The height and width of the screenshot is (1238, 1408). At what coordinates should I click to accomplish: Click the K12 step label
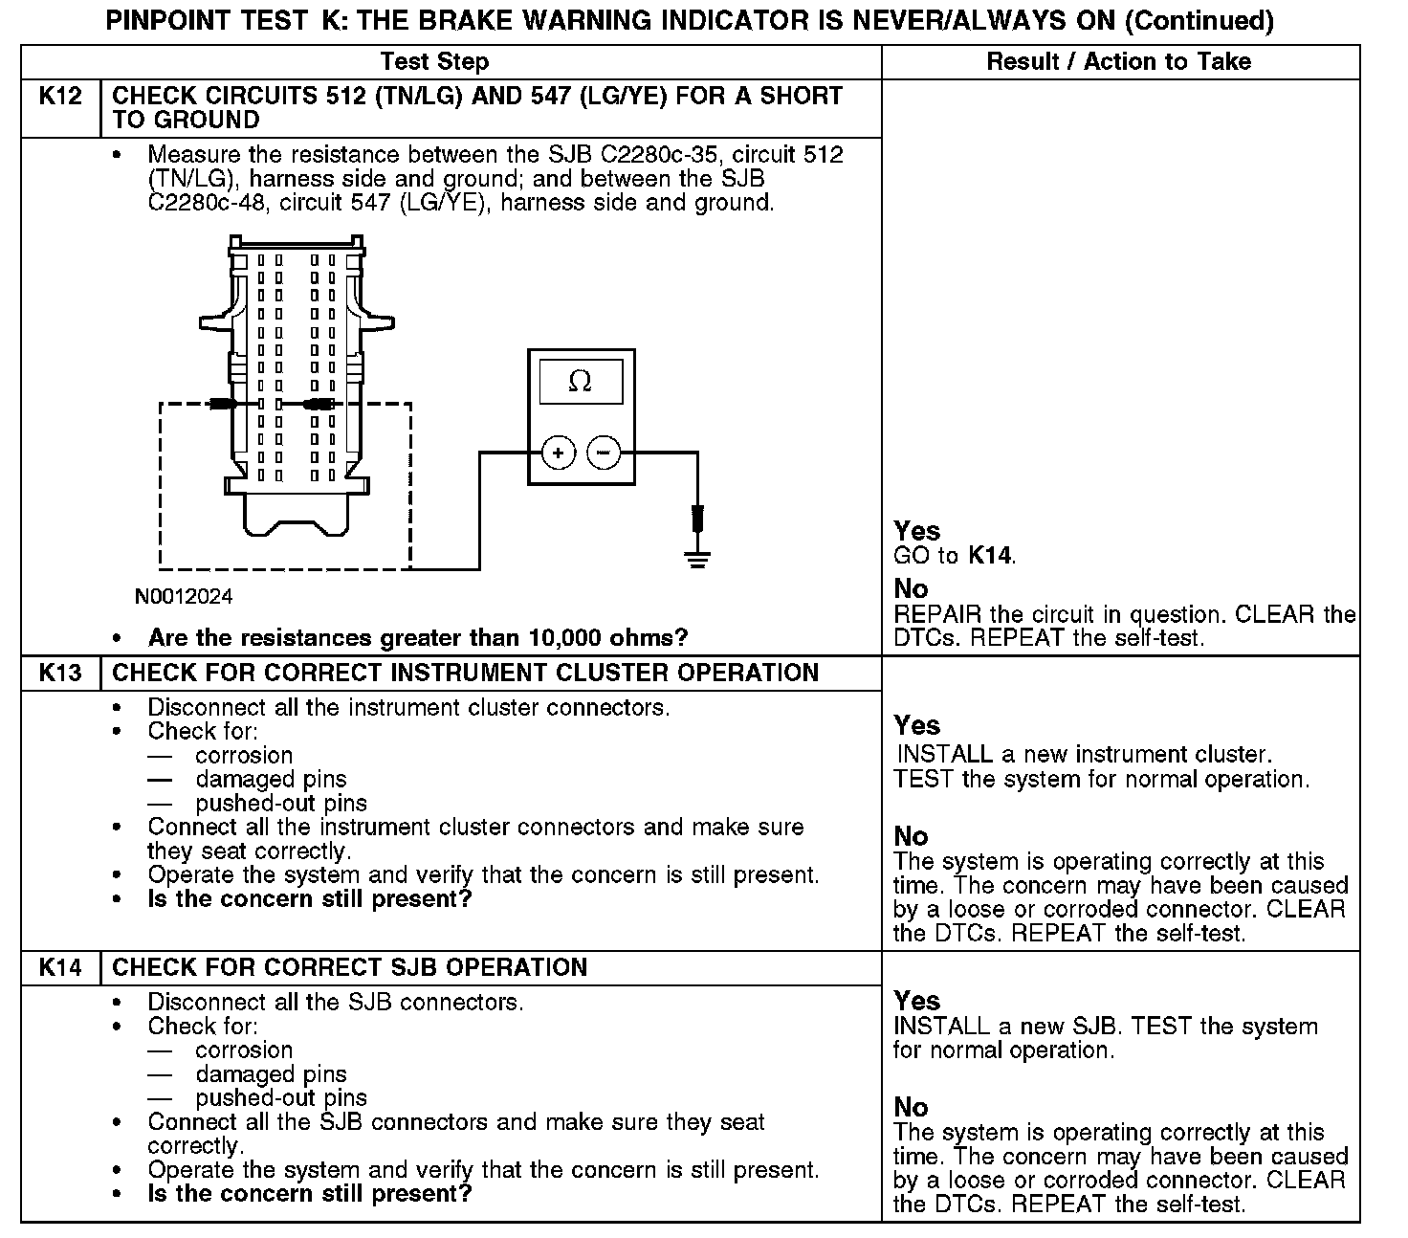coord(60,97)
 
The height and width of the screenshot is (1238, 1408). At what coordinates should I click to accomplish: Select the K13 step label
coord(60,673)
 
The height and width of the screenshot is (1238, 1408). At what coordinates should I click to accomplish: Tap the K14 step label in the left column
coord(60,967)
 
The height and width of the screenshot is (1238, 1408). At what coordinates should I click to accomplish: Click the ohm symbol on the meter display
coord(581,382)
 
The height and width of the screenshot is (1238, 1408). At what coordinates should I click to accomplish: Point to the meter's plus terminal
coord(559,452)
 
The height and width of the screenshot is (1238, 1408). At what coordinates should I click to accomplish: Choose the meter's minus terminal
coord(604,452)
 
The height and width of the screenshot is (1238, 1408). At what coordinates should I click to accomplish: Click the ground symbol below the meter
coord(698,560)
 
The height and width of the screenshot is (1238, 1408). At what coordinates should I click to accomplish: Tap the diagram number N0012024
coord(184,597)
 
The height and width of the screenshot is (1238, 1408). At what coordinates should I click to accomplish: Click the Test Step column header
coord(434,62)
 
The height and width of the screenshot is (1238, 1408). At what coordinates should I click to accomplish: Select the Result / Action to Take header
coord(1118,62)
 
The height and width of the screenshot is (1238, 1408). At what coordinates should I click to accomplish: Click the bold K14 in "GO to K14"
coord(990,556)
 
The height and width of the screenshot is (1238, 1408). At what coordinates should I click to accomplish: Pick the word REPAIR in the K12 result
coord(934,614)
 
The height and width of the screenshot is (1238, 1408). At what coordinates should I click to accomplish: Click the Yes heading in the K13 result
coord(916,725)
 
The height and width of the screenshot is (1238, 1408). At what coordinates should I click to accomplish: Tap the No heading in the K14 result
coord(911,1107)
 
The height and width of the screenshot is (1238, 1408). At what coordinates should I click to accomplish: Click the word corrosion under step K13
coord(244,755)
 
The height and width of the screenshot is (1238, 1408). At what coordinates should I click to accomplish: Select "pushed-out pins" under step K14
coord(281,1097)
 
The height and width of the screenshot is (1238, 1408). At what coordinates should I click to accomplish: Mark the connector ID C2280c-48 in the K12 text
coord(210,203)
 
